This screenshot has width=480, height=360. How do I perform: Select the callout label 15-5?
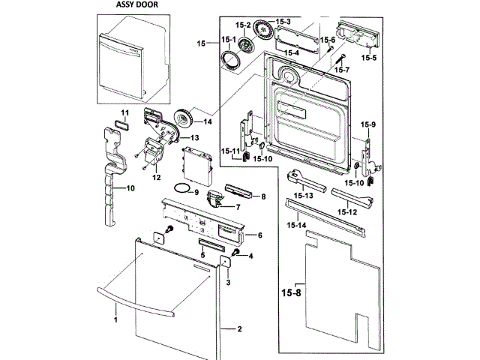(368, 57)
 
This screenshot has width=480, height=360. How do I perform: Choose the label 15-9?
(367, 124)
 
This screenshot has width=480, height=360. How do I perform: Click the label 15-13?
(304, 196)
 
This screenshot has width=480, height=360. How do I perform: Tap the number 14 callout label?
(208, 121)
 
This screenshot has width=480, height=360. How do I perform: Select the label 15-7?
(342, 70)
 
